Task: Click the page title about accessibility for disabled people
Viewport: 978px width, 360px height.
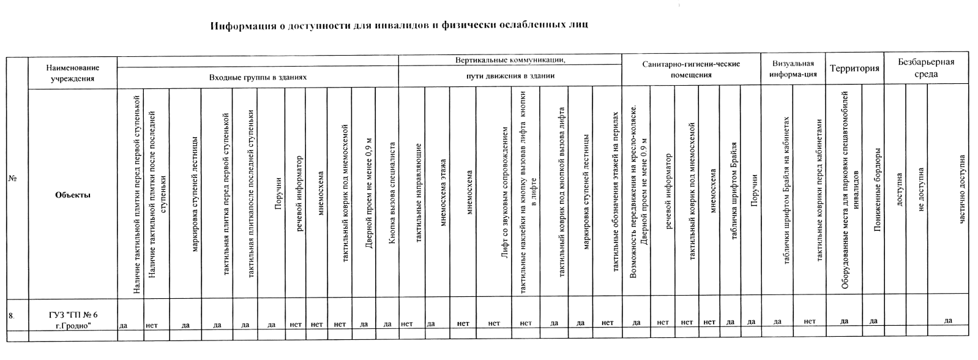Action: click(399, 26)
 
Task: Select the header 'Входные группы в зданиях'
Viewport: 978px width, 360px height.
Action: click(258, 78)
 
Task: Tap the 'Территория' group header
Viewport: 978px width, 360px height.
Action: click(854, 69)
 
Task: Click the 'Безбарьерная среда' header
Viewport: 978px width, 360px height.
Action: click(926, 68)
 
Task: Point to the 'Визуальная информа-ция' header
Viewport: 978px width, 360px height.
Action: click(793, 69)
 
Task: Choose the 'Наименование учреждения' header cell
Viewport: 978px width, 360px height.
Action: click(72, 73)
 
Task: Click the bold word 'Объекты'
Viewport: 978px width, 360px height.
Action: click(72, 195)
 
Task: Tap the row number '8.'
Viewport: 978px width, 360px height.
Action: click(11, 316)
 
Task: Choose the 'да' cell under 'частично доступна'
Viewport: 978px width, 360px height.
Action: click(948, 320)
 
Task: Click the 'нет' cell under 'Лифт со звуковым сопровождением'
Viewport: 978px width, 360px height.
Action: click(494, 323)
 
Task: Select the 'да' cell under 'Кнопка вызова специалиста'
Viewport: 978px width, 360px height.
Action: click(387, 323)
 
